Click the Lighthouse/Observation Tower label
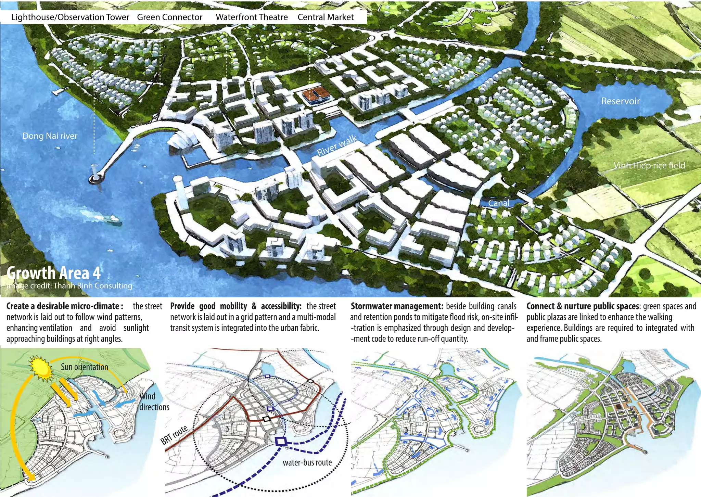click(x=70, y=17)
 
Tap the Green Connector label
click(x=170, y=17)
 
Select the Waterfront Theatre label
click(x=252, y=17)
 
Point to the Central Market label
click(x=326, y=17)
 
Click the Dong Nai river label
click(x=50, y=136)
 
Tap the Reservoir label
click(x=620, y=101)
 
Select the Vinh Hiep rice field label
click(x=649, y=166)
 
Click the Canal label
click(x=498, y=203)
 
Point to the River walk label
click(x=337, y=145)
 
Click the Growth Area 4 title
click(x=54, y=273)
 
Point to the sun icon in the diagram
click(x=40, y=368)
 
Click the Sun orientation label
click(x=84, y=367)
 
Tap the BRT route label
click(x=174, y=435)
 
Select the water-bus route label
click(x=307, y=463)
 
